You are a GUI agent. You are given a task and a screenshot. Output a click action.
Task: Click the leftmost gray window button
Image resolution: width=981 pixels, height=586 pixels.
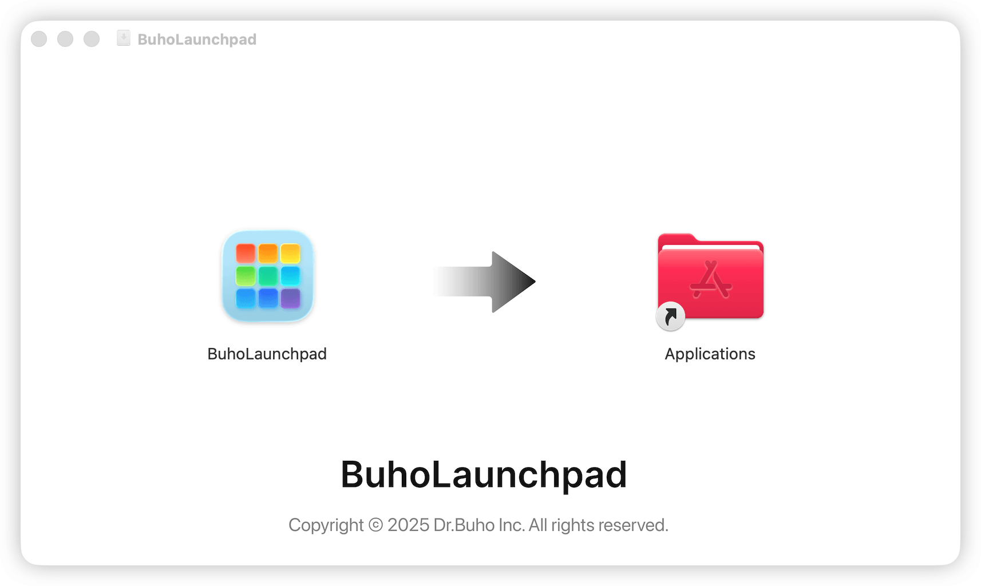point(39,39)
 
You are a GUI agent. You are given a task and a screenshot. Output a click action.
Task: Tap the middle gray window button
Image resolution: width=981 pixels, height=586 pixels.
point(65,39)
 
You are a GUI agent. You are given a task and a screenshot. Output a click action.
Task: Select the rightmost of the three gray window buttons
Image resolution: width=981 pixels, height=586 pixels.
point(92,39)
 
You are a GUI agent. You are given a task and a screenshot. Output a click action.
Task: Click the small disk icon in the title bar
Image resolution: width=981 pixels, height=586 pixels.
point(123,38)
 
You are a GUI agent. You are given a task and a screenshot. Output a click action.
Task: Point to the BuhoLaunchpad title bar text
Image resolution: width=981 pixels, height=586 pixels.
point(197,39)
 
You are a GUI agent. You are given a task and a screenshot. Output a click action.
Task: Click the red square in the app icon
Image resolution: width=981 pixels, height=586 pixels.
point(246,253)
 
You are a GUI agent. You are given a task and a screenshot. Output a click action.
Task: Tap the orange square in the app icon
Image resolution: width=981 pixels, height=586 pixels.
point(268,253)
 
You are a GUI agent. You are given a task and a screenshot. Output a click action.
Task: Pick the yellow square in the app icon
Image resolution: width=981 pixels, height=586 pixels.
point(290,253)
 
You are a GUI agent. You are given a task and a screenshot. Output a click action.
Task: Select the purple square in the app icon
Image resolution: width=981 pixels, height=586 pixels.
point(290,298)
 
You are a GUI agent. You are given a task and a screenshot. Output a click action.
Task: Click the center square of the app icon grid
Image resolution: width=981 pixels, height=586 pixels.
point(268,276)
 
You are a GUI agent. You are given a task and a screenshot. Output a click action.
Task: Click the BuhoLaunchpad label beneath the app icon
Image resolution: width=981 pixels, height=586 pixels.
point(267,354)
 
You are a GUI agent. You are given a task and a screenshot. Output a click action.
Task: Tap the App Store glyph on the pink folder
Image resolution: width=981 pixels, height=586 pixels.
point(711,280)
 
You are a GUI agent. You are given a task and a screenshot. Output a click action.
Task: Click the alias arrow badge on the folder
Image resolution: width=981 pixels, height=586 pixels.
point(670,316)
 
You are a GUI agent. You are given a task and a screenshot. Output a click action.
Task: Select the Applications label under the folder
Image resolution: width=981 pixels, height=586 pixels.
point(710,354)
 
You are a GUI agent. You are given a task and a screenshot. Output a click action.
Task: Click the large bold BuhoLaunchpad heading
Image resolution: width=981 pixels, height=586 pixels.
point(484,474)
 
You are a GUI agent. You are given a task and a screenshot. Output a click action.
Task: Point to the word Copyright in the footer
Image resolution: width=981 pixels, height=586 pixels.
point(326,525)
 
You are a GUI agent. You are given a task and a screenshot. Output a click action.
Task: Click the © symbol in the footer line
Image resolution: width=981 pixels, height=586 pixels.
point(375,525)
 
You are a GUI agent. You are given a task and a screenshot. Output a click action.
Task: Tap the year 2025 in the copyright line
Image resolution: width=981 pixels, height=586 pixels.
point(408,525)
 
